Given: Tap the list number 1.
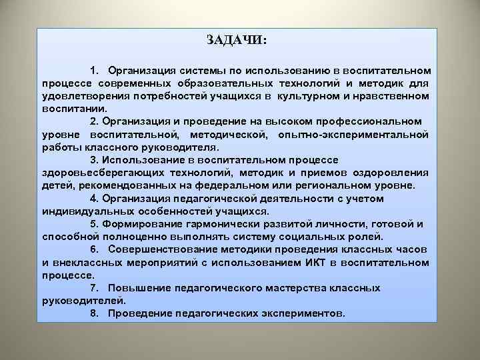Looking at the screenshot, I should tap(94, 70).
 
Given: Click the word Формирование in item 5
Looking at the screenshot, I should tap(146, 223).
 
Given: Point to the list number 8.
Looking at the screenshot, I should tap(94, 313).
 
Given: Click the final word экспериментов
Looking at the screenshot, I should tap(301, 313).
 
